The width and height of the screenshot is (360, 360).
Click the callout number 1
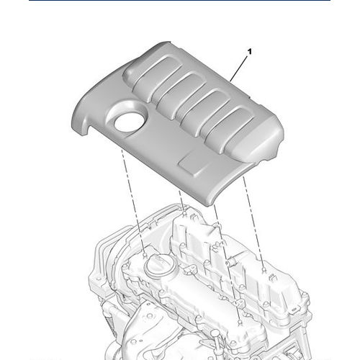[249, 53]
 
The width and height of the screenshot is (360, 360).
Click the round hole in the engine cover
[129, 120]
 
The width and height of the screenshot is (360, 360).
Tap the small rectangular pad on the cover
[192, 163]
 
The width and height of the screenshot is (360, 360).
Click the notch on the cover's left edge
[85, 130]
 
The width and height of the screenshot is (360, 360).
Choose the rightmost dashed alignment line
[253, 223]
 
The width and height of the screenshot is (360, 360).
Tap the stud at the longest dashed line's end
[238, 323]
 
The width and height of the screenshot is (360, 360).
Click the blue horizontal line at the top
[179, 1]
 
